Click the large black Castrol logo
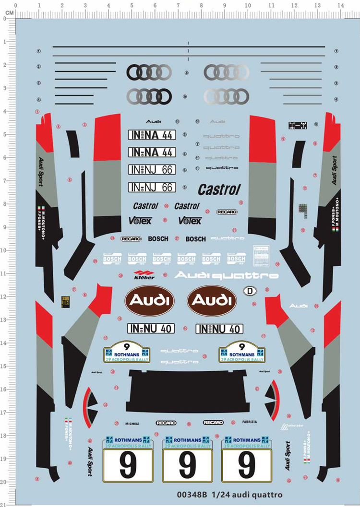pyautogui.click(x=219, y=189)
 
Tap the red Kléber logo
pyautogui.click(x=144, y=275)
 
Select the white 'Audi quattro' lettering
pyautogui.click(x=226, y=275)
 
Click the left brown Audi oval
pyautogui.click(x=149, y=301)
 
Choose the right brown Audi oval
pyautogui.click(x=212, y=301)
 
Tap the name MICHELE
pyautogui.click(x=132, y=424)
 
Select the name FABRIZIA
pyautogui.click(x=250, y=422)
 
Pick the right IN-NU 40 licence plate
pyautogui.click(x=219, y=329)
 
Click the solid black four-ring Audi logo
pyautogui.click(x=149, y=72)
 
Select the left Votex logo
pyautogui.click(x=140, y=220)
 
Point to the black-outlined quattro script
pyautogui.click(x=222, y=168)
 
